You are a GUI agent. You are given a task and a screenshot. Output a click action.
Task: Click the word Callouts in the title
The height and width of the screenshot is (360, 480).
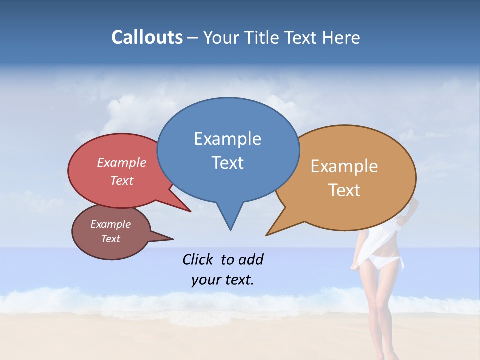click(x=147, y=37)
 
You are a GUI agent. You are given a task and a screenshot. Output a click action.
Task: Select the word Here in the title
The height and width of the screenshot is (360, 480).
click(x=341, y=37)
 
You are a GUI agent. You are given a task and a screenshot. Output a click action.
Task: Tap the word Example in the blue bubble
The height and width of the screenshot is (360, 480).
click(x=227, y=139)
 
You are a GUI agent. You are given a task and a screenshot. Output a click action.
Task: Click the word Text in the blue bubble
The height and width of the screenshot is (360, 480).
click(x=227, y=163)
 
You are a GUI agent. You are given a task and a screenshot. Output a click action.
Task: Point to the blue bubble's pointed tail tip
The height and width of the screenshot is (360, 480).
click(x=230, y=230)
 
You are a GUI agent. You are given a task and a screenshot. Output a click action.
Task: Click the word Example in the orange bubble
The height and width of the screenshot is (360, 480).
click(x=344, y=166)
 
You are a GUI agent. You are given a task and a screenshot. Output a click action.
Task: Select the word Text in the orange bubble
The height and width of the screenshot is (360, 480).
click(x=344, y=190)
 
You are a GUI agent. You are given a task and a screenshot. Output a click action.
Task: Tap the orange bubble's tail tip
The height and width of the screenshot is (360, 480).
click(x=266, y=235)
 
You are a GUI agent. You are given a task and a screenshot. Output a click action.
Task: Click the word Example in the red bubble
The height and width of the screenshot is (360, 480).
click(x=122, y=162)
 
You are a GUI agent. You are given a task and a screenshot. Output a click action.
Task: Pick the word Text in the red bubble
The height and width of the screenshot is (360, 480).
click(x=122, y=180)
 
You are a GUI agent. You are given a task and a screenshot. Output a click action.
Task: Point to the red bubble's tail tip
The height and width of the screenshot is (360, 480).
click(x=190, y=212)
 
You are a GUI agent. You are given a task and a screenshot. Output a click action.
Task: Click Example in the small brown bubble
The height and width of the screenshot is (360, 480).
click(x=110, y=224)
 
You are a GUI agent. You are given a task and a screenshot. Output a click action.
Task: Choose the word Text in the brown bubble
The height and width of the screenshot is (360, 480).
click(x=110, y=239)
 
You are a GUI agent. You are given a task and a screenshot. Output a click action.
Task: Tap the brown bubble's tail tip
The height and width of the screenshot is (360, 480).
click(x=173, y=239)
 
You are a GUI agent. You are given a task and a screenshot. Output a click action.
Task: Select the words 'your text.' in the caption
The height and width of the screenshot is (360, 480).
click(x=223, y=280)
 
